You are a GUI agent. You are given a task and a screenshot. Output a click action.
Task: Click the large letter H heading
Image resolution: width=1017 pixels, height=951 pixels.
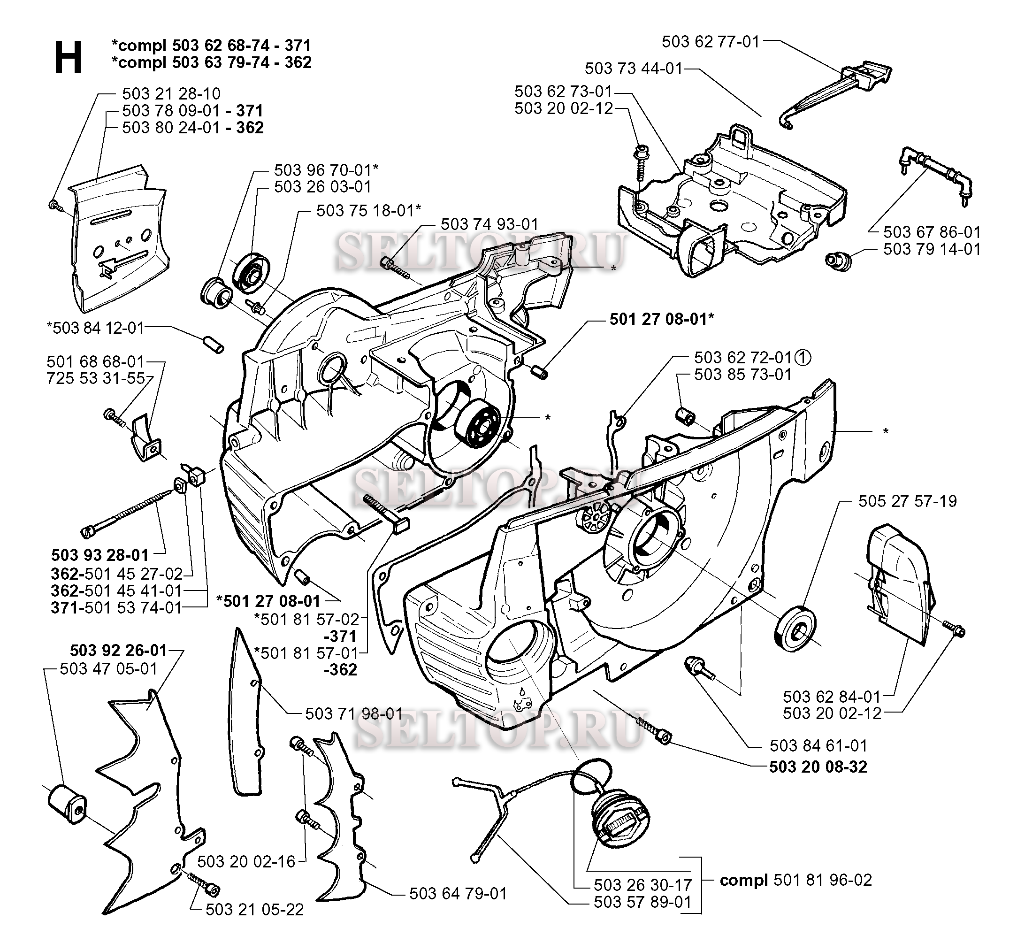(68, 57)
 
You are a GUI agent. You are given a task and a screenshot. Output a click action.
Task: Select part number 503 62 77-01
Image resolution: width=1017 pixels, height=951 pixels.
(710, 41)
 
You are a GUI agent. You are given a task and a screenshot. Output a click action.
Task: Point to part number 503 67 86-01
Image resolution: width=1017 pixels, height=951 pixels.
(932, 232)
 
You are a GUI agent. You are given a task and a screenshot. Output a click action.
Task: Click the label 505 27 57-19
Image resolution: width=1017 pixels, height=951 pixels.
(907, 501)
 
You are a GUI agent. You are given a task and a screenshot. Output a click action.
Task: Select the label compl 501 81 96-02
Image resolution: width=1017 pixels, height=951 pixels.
(795, 880)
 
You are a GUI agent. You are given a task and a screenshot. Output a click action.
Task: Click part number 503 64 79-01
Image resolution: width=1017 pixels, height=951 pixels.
(458, 893)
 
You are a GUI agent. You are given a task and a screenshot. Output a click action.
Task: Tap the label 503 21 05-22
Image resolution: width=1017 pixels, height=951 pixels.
(254, 909)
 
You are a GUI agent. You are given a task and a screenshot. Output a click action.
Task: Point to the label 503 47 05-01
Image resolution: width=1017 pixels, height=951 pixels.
(108, 668)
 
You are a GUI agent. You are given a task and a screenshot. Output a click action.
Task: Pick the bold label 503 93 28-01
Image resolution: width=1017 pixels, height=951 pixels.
(100, 555)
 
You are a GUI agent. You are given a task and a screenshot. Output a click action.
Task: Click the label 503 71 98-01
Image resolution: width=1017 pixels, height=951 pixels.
(353, 713)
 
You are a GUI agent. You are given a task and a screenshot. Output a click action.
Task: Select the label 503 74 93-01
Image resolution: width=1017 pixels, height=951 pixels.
(489, 224)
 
